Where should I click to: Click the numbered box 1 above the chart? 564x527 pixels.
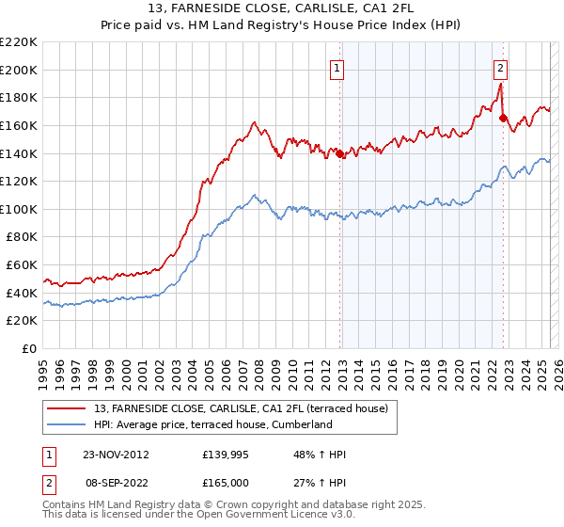click(x=337, y=67)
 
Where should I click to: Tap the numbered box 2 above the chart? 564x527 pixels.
click(x=501, y=67)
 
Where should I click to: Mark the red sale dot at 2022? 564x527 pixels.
click(x=503, y=119)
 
